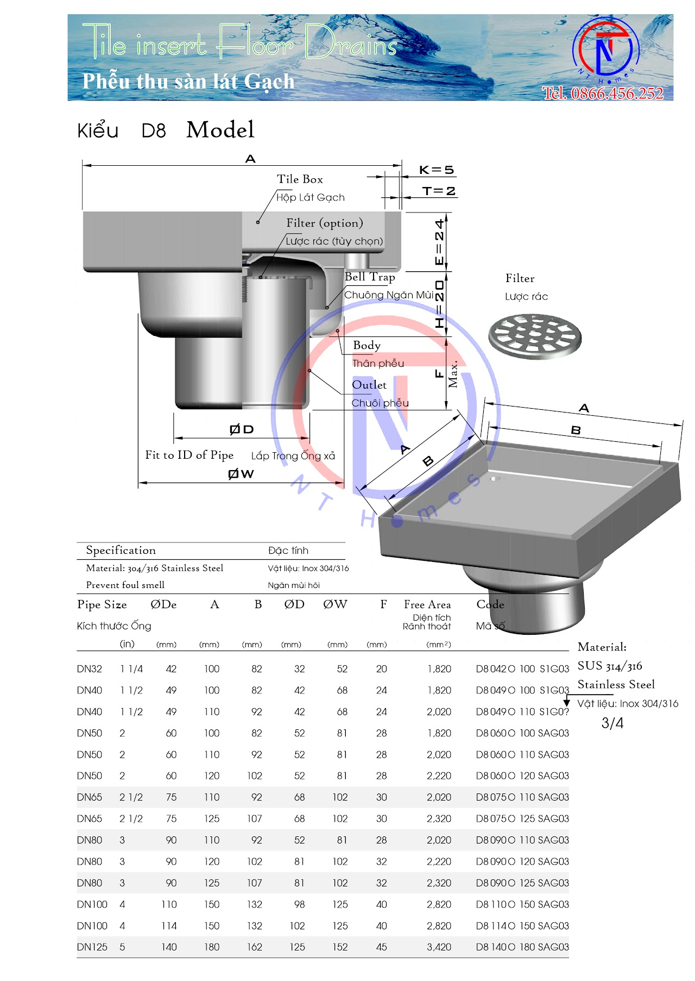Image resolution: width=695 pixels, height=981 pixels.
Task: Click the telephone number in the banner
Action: pyautogui.click(x=603, y=93)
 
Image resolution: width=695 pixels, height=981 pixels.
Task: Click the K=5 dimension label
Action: pyautogui.click(x=436, y=170)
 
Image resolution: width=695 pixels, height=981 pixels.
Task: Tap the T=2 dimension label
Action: pyautogui.click(x=439, y=191)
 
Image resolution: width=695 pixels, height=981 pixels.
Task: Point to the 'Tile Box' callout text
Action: pyautogui.click(x=300, y=179)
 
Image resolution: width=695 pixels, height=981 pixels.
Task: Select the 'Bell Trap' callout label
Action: pyautogui.click(x=370, y=277)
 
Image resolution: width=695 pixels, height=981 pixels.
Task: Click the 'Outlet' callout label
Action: pyautogui.click(x=369, y=385)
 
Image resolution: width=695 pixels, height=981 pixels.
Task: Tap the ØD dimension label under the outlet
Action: pyautogui.click(x=242, y=429)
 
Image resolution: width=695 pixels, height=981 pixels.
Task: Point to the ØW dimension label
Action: pyautogui.click(x=241, y=474)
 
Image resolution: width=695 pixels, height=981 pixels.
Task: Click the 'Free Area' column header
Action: pyautogui.click(x=427, y=604)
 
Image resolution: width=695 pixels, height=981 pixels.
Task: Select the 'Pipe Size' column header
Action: pyautogui.click(x=102, y=605)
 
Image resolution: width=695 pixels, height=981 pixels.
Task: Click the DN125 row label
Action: pyautogui.click(x=92, y=947)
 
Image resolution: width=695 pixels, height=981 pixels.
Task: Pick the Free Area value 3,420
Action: pyautogui.click(x=439, y=947)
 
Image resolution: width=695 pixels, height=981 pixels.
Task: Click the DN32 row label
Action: pyautogui.click(x=90, y=669)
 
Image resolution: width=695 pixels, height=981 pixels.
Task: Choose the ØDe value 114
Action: pyautogui.click(x=169, y=926)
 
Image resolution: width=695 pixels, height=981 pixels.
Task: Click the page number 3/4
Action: pyautogui.click(x=612, y=723)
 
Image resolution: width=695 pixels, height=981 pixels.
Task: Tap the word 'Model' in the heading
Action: pyautogui.click(x=220, y=130)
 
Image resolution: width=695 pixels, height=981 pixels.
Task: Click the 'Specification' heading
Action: pyautogui.click(x=121, y=551)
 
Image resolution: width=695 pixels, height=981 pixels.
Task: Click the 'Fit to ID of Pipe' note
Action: pyautogui.click(x=189, y=455)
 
